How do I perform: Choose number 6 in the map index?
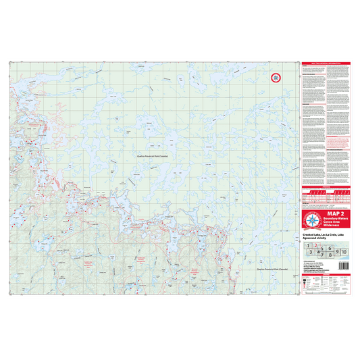tap(329, 249)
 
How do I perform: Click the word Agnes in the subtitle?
tap(307, 238)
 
